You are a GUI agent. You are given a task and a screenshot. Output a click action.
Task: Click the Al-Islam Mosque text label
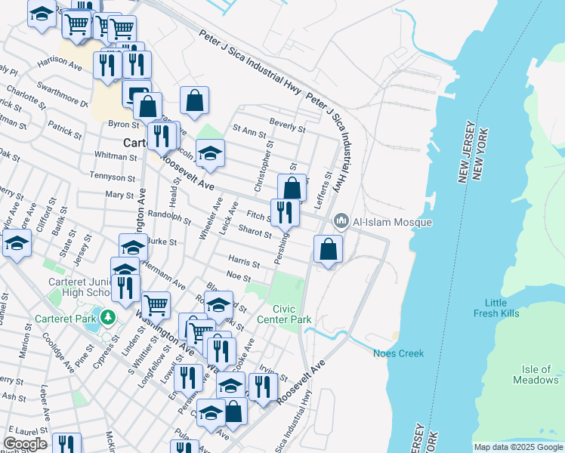[392, 222]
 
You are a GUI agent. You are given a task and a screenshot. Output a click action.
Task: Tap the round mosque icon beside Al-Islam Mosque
[341, 221]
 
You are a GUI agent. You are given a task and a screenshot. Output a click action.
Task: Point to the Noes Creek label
[398, 353]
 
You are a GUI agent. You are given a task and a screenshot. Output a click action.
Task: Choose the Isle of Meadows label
[539, 374]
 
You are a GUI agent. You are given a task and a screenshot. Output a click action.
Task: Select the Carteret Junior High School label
[77, 287]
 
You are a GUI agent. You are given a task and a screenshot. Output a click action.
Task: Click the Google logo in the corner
[25, 443]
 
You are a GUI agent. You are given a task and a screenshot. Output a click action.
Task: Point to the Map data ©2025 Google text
[517, 447]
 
